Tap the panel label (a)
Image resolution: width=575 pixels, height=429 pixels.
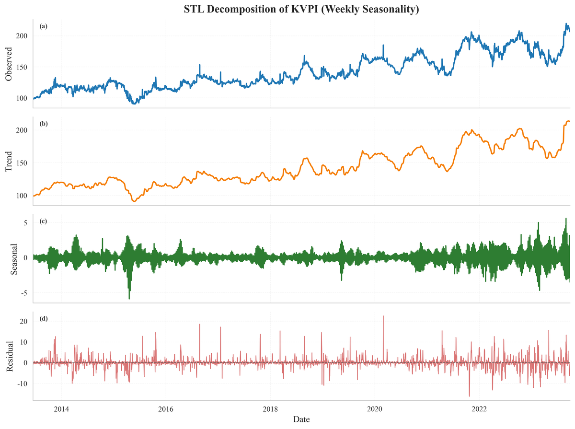point(44,26)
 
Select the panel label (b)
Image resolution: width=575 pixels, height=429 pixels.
point(44,124)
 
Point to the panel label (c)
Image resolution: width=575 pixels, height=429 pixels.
point(44,221)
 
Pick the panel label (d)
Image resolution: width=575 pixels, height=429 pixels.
point(44,318)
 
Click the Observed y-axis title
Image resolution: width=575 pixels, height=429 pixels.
point(9,64)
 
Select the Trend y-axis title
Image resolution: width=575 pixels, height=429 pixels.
point(9,161)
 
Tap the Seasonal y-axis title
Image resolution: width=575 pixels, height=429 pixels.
point(13,259)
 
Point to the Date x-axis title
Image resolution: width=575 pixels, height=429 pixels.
point(301,419)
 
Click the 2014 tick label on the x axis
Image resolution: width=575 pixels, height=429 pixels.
point(61,408)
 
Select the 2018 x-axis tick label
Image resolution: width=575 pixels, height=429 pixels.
point(270,408)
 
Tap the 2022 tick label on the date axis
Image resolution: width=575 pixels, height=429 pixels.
point(479,408)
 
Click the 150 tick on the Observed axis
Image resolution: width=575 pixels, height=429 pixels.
point(22,67)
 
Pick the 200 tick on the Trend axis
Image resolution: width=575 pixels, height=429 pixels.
point(22,130)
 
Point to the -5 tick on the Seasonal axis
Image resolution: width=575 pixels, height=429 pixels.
point(24,293)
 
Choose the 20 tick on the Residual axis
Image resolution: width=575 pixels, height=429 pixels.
point(23,321)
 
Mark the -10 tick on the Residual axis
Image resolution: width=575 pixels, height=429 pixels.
point(22,383)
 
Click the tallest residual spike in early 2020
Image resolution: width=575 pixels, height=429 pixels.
point(383,316)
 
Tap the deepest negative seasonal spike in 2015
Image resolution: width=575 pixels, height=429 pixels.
point(129,299)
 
